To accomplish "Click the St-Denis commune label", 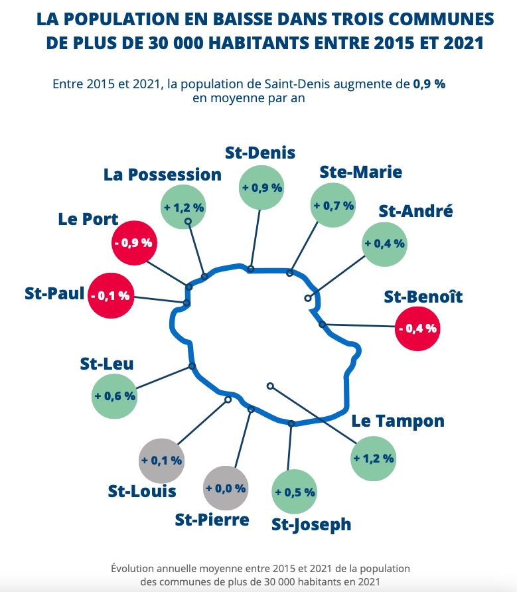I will point(259,153).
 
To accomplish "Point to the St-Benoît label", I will point(423,297).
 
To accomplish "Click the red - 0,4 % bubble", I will point(417,327).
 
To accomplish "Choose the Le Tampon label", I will point(398,421).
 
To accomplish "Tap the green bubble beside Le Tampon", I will point(374,458).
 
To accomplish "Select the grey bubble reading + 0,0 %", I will point(226,488).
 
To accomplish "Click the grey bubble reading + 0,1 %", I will point(161,460).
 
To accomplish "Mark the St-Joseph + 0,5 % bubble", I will point(295,492).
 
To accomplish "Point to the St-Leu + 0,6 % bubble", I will point(114,396).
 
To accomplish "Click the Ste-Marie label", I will point(360,172).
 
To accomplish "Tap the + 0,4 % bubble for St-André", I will point(384,243).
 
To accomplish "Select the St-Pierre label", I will point(212,520).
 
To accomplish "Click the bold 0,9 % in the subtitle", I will point(429,84).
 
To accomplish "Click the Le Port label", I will point(88,219).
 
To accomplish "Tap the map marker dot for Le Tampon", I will point(269,386).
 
